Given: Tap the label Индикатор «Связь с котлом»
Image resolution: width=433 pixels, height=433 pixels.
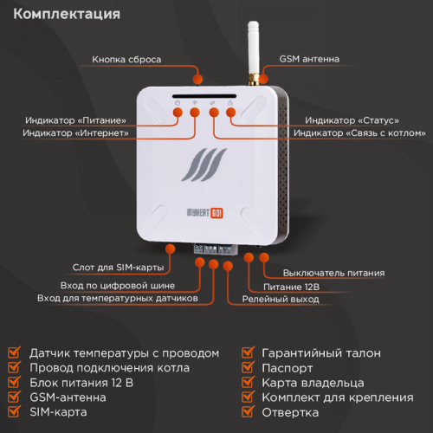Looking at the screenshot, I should pyautogui.click(x=359, y=133).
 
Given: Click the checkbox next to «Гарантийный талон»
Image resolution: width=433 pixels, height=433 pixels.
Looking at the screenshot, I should pyautogui.click(x=246, y=353).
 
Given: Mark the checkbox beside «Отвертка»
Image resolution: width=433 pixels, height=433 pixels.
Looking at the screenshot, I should pyautogui.click(x=246, y=412).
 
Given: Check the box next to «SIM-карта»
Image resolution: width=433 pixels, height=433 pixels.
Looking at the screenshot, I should pyautogui.click(x=14, y=412).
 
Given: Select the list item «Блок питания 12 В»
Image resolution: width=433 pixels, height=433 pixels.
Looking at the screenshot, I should pyautogui.click(x=81, y=383).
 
